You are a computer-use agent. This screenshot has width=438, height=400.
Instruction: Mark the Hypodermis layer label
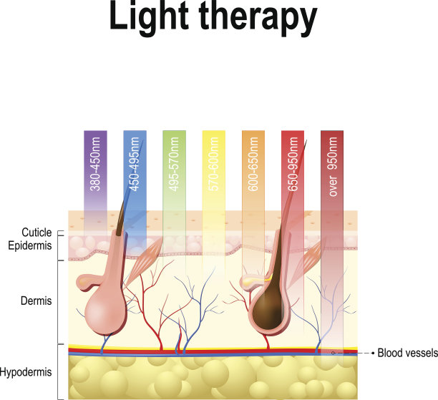pos(26,373)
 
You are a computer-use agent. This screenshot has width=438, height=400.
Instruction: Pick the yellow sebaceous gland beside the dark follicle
pos(248,283)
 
